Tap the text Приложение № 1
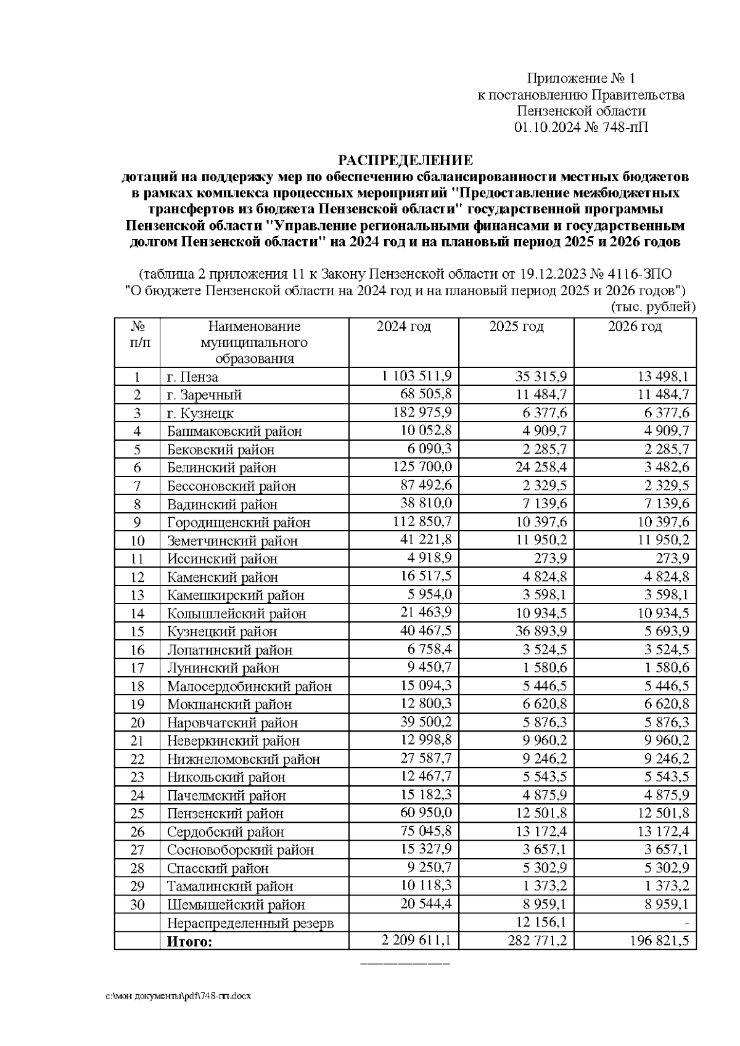tap(580, 78)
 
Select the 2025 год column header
tap(516, 327)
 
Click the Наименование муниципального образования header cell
tap(254, 342)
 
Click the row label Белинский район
tap(221, 467)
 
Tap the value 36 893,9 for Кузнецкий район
tap(541, 631)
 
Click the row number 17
tap(137, 668)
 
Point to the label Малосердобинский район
tap(249, 686)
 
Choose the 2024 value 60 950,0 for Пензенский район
tap(427, 813)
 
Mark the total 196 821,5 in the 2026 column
tap(658, 941)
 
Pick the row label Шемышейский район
tap(236, 905)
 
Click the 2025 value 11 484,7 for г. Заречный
tap(541, 394)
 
